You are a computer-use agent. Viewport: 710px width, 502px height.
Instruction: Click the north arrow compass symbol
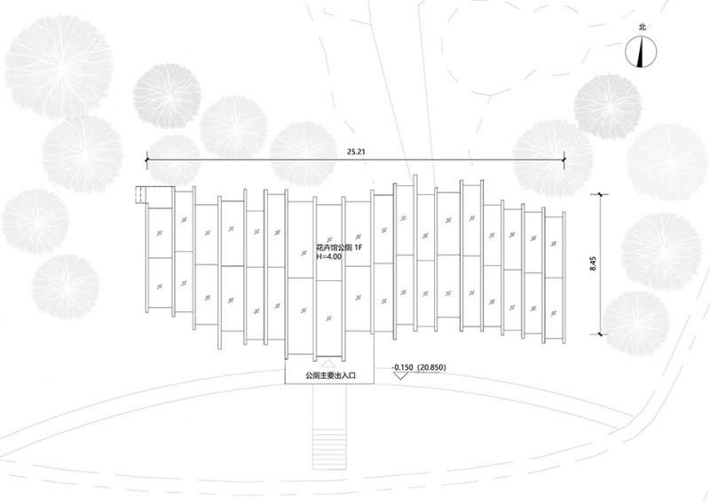click(641, 52)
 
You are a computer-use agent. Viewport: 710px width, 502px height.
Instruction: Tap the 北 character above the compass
click(642, 27)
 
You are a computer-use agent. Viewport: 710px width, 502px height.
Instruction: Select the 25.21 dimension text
click(356, 152)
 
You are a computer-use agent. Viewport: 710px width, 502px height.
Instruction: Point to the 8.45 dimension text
click(593, 264)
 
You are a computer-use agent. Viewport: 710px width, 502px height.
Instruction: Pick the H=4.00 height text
click(328, 256)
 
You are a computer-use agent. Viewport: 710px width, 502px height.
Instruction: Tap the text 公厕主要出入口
click(329, 375)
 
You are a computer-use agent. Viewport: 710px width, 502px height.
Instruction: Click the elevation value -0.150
click(403, 367)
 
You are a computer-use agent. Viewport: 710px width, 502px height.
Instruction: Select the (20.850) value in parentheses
click(431, 367)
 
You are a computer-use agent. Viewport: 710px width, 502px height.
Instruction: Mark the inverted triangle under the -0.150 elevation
click(398, 375)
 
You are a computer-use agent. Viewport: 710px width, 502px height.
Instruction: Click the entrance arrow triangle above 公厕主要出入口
click(327, 363)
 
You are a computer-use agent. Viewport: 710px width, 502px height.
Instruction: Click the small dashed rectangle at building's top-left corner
click(141, 195)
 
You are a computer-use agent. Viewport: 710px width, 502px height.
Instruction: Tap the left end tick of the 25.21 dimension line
click(146, 160)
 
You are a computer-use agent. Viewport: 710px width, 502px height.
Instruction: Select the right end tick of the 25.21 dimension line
click(564, 160)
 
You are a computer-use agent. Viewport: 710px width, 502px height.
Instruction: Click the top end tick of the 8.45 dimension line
click(601, 194)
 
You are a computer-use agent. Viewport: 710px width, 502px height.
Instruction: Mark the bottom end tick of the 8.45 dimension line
click(601, 334)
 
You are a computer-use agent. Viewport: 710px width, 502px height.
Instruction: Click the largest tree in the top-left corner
click(59, 68)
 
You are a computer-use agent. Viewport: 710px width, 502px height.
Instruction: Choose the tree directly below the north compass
click(608, 107)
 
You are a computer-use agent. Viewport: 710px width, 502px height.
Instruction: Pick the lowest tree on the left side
click(65, 287)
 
